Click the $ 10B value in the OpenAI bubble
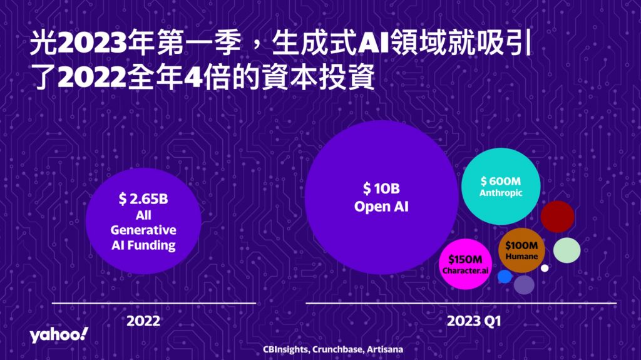(381, 188)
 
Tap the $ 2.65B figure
(143, 199)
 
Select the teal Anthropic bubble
(501, 187)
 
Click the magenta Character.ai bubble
(465, 264)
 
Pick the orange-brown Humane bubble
(521, 250)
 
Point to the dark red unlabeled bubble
(558, 217)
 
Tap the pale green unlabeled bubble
(567, 250)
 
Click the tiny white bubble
(545, 269)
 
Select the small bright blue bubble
(505, 277)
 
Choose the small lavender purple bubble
(524, 285)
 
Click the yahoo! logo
(59, 335)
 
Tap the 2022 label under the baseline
(143, 321)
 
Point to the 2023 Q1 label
(474, 321)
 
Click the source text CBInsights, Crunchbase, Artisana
(333, 349)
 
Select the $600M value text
(501, 181)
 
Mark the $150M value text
(465, 259)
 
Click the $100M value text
(521, 245)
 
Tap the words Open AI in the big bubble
(381, 206)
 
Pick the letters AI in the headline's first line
(373, 43)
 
